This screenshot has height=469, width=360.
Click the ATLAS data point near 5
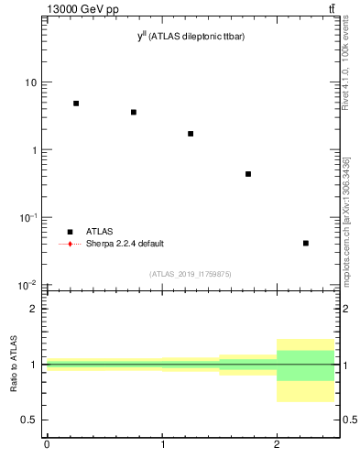pos(76,104)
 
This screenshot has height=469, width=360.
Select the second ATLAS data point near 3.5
pos(134,113)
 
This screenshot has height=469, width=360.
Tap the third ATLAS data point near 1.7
pos(191,134)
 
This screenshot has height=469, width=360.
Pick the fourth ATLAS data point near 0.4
pos(248,174)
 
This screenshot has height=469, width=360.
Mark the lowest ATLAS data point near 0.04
pos(305,243)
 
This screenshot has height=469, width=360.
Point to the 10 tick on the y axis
pos(30,82)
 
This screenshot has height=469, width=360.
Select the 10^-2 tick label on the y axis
pos(27,285)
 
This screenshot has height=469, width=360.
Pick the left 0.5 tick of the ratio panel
pos(30,420)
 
